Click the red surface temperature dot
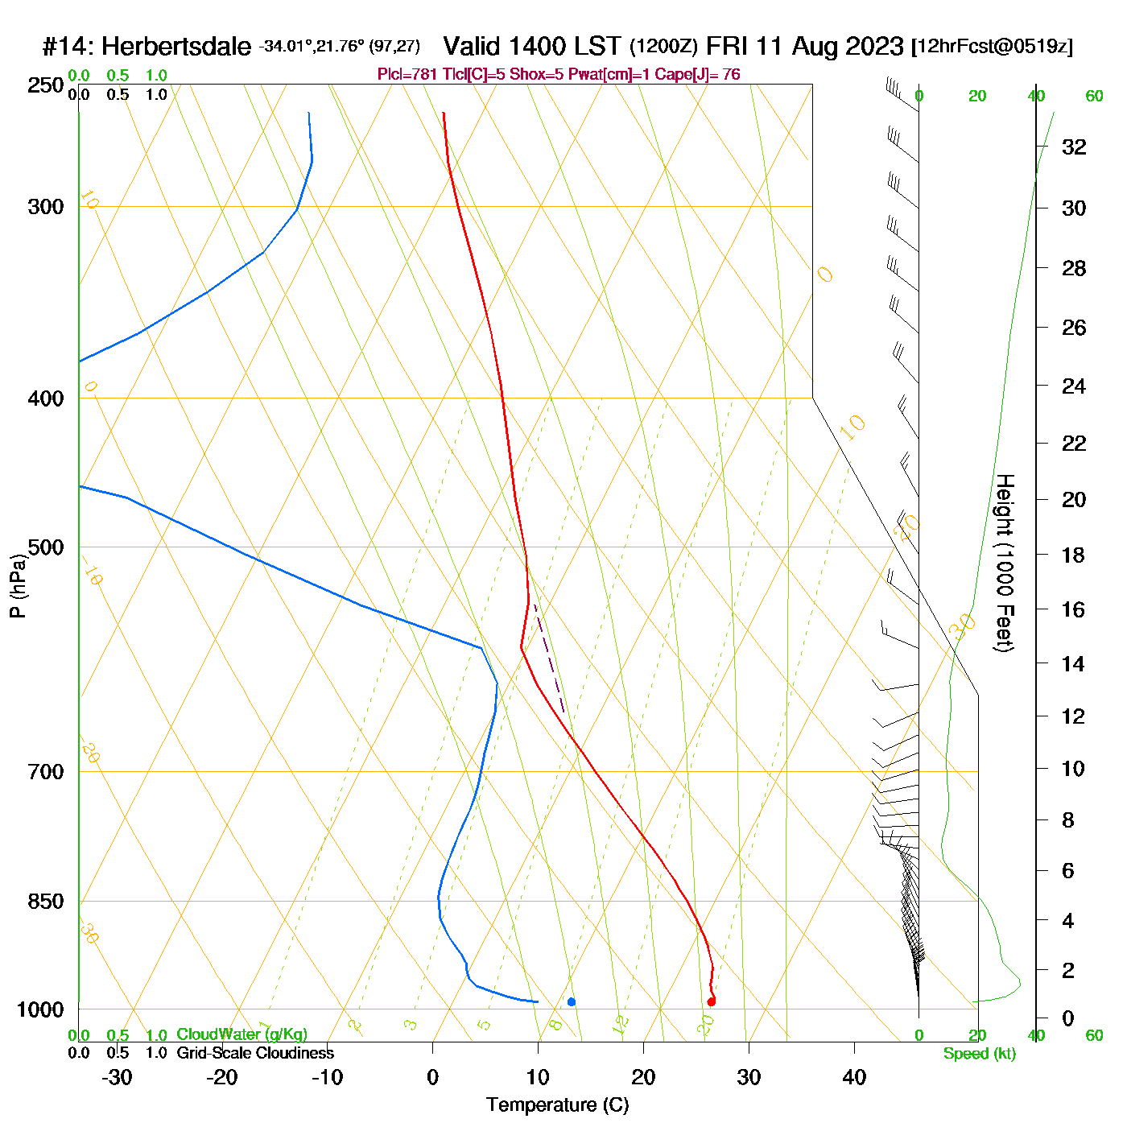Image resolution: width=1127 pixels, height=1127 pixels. point(711,1001)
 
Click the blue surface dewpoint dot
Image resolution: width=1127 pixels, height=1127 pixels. point(572,1001)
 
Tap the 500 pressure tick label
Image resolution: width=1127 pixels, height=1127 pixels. point(46,547)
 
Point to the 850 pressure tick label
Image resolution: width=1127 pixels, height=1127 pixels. point(46,902)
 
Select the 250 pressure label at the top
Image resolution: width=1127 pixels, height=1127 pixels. point(46,85)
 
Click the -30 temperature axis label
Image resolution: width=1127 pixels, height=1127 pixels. point(117,1077)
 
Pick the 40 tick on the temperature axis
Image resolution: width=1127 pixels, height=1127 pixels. point(854,1077)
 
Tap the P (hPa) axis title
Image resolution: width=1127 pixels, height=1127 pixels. point(18,585)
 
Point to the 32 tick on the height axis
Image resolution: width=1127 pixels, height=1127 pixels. point(1074,147)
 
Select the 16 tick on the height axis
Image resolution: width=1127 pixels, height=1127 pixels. point(1073,609)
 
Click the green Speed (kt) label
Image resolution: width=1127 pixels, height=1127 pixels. point(980,1054)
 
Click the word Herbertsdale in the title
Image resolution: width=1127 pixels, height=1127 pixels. point(176,47)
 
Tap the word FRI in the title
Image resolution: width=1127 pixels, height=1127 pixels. point(745,46)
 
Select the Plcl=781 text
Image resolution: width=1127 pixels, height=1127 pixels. point(407,75)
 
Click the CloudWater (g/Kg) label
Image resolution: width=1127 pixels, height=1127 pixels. point(242,1034)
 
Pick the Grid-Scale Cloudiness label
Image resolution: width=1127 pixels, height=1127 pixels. point(255,1053)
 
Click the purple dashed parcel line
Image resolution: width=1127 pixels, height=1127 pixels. point(548,657)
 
